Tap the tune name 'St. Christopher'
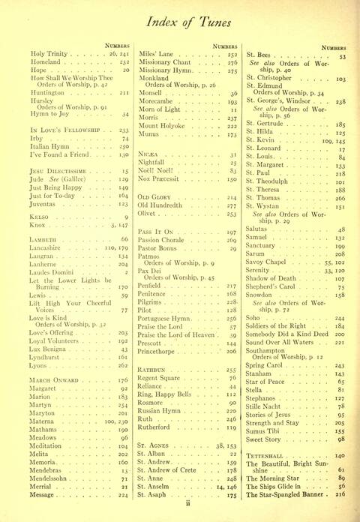pos(274,77)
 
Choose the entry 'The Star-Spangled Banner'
pos(288,495)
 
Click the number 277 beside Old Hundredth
pos(232,204)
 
